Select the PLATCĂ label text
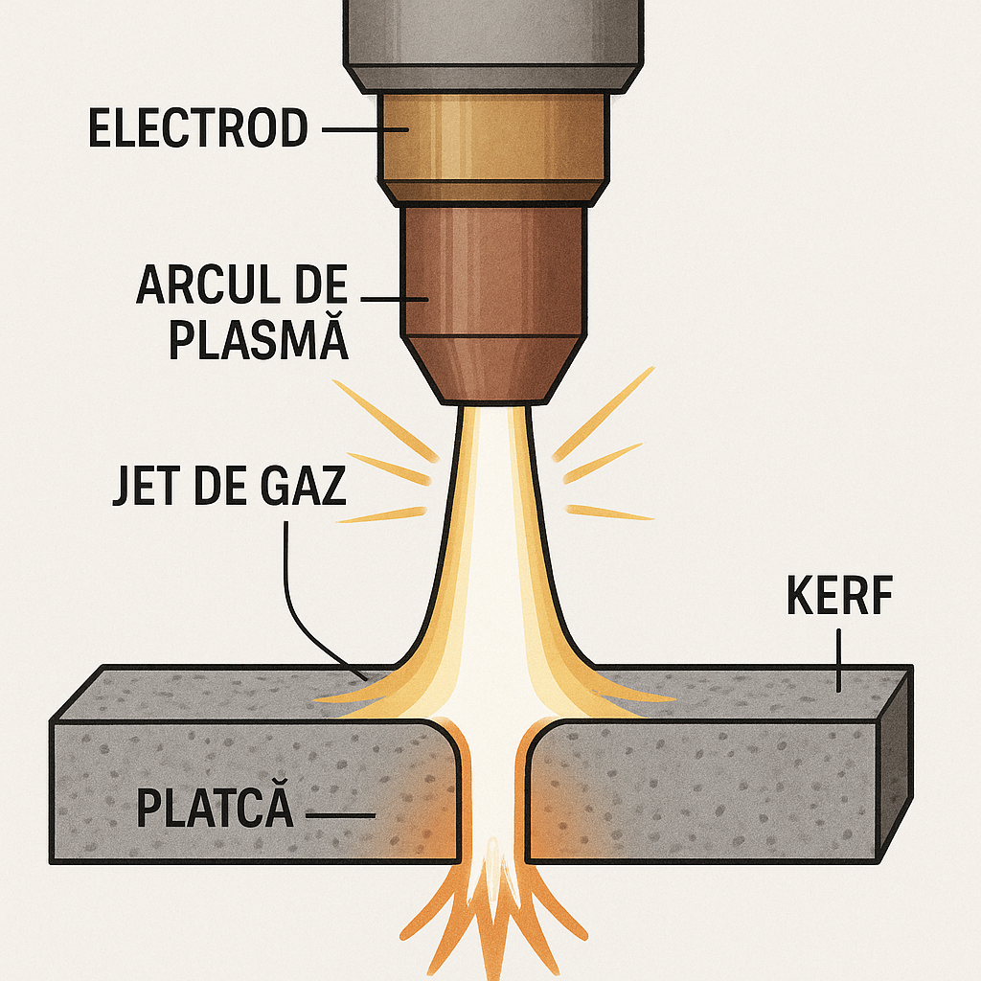point(214,808)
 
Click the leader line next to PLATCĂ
point(341,816)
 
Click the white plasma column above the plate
point(494,536)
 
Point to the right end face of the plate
point(894,757)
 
